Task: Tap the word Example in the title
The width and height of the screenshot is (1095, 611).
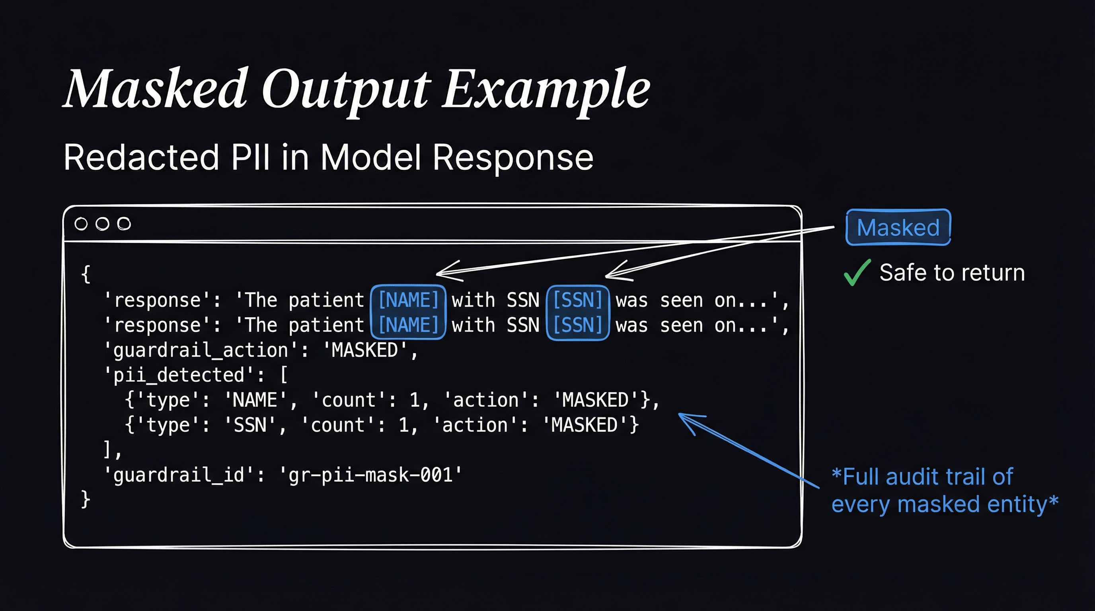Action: tap(546, 92)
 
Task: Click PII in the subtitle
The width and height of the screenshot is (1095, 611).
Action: tap(250, 157)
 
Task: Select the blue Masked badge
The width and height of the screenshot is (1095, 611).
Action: tap(898, 227)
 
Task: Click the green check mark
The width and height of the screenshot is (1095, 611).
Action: tap(857, 273)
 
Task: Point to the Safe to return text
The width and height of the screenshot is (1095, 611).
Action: tap(952, 272)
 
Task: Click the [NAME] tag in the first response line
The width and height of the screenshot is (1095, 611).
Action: tap(408, 300)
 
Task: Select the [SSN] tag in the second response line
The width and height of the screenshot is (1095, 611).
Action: tap(578, 325)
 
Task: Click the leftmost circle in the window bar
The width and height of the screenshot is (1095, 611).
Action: tap(81, 224)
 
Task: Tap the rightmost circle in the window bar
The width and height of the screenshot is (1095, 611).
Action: tap(124, 224)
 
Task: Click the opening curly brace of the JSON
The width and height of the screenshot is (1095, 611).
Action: tap(86, 274)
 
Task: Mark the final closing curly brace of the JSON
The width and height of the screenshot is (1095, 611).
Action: tap(86, 499)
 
